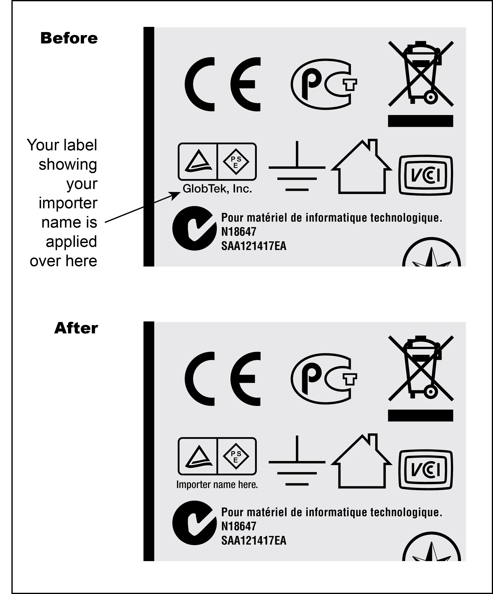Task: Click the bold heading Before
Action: (x=69, y=38)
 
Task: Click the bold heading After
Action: (x=76, y=328)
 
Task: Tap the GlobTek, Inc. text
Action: (x=217, y=189)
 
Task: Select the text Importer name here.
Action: (x=217, y=485)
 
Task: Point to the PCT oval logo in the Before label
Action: (x=324, y=84)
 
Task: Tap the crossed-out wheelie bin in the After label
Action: (x=421, y=368)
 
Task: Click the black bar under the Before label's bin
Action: (x=420, y=121)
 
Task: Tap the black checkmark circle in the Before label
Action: (x=194, y=228)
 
